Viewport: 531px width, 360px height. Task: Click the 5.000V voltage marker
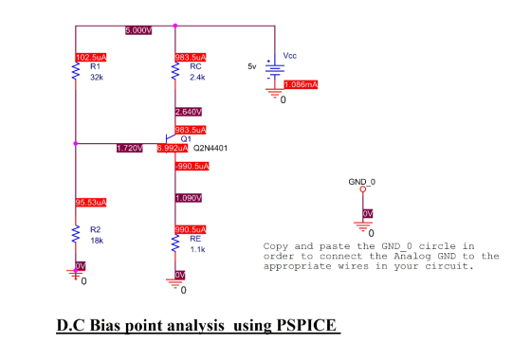[138, 30]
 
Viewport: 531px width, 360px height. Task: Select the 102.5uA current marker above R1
[91, 58]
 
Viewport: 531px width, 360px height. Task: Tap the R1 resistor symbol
[76, 71]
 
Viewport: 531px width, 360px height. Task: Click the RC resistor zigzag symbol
[175, 71]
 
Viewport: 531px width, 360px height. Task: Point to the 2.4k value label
[197, 78]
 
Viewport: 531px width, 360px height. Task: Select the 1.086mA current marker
[301, 84]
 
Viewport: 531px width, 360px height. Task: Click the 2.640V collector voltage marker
[189, 112]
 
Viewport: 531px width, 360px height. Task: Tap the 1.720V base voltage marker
[130, 148]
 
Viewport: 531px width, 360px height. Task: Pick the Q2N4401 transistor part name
[211, 148]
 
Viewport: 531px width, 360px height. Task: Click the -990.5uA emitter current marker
[192, 166]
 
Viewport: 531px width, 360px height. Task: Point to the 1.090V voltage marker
[189, 198]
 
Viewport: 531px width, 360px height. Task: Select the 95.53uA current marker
[91, 203]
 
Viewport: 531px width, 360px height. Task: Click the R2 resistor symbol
[76, 234]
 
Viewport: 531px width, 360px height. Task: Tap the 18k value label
[97, 241]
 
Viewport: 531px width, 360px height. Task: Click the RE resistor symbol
[175, 243]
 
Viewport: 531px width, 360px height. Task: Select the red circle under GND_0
[363, 189]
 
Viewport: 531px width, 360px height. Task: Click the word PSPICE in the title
[306, 325]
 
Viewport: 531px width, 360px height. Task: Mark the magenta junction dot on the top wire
[175, 26]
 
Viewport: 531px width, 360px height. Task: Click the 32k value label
[97, 78]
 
